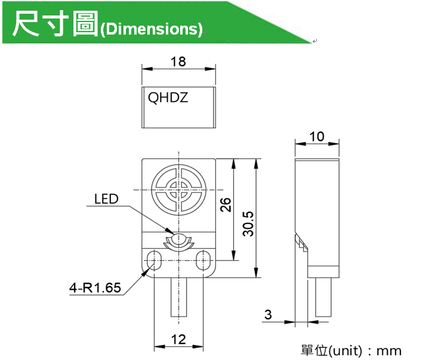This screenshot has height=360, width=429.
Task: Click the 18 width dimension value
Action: [x=178, y=62]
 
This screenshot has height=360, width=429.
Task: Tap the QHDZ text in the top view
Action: [x=168, y=98]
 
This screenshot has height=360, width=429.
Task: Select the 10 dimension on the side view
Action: [x=317, y=136]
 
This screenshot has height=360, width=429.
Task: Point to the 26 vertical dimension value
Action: [x=226, y=204]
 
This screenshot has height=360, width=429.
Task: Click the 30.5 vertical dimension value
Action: [x=248, y=224]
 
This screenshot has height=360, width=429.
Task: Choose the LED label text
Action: [x=106, y=199]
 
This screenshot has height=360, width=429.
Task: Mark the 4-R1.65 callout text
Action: [x=95, y=288]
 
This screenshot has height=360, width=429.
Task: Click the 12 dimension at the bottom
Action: [x=178, y=340]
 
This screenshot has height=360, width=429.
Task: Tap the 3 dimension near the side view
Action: [x=268, y=315]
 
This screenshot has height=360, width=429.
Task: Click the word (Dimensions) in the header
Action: [x=152, y=29]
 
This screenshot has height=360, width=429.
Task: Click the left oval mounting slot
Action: [x=154, y=260]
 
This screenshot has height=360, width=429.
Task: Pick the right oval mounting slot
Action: [x=203, y=260]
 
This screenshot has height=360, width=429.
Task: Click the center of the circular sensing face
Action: [x=178, y=190]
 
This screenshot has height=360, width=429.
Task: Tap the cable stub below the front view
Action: [x=178, y=297]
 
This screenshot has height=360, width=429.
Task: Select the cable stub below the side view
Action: [x=323, y=297]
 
